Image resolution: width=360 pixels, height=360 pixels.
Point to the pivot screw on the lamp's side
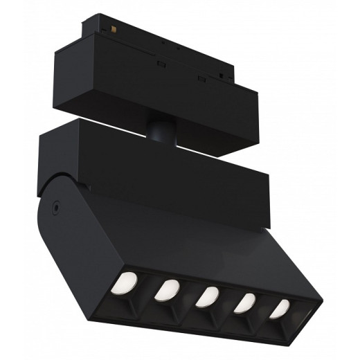tap(54, 205)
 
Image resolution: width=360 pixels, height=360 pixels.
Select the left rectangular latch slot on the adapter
tap(161, 63)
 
